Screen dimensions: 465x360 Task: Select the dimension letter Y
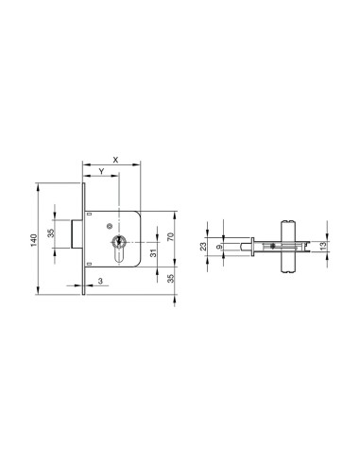101,171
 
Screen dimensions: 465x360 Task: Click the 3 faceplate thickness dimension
100,281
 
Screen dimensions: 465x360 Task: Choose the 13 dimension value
324,247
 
